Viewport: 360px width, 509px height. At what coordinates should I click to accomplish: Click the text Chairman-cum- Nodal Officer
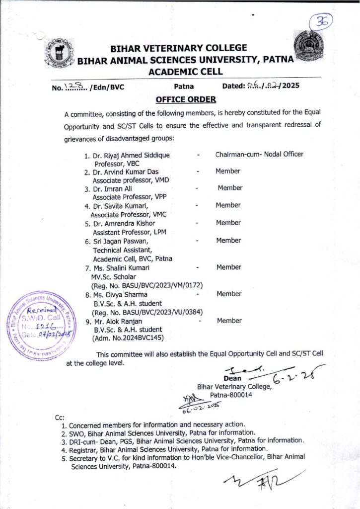click(x=259, y=154)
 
